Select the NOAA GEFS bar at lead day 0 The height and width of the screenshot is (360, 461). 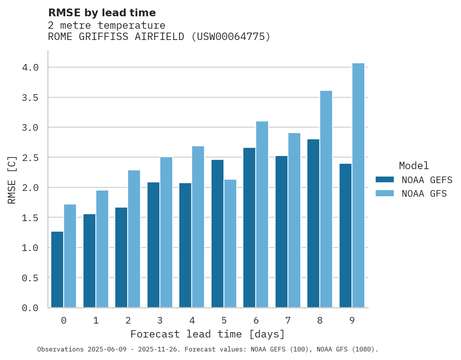point(57,270)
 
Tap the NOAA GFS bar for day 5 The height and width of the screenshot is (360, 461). point(230,244)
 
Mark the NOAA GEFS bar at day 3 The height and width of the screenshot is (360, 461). point(153,245)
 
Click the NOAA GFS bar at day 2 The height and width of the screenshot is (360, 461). point(134,239)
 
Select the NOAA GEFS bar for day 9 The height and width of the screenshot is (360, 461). point(345,235)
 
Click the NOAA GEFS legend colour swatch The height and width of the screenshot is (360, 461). point(385,180)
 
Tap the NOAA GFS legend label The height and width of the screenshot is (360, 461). point(424,194)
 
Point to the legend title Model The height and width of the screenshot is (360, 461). point(414,166)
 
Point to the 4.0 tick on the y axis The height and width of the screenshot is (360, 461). point(30,67)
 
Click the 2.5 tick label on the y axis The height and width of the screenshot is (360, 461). point(30,157)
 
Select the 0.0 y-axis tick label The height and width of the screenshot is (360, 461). point(30,308)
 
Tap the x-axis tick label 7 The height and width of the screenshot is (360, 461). point(288,320)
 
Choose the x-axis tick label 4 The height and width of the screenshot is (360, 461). point(192,320)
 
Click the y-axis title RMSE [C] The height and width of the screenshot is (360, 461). point(12,180)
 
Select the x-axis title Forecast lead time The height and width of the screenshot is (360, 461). point(208,334)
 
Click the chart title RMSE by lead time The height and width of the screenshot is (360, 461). point(102,13)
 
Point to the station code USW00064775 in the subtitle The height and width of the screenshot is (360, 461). point(230,37)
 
